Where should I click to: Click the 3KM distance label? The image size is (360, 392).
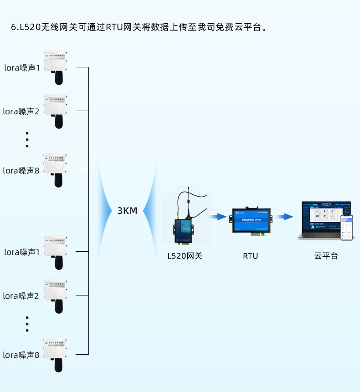click(x=127, y=211)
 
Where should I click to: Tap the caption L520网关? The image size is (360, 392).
click(x=185, y=256)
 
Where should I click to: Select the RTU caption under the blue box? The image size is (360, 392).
click(x=250, y=256)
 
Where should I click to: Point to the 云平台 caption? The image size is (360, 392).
click(x=326, y=256)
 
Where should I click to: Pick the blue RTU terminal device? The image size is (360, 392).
click(x=251, y=220)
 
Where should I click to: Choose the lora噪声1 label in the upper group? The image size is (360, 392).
click(x=22, y=68)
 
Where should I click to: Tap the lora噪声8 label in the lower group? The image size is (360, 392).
click(x=21, y=355)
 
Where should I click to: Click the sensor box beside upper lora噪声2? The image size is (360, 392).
click(x=56, y=105)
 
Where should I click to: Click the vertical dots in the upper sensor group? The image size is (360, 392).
click(x=27, y=140)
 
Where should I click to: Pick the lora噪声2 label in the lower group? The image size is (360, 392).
click(x=21, y=295)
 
